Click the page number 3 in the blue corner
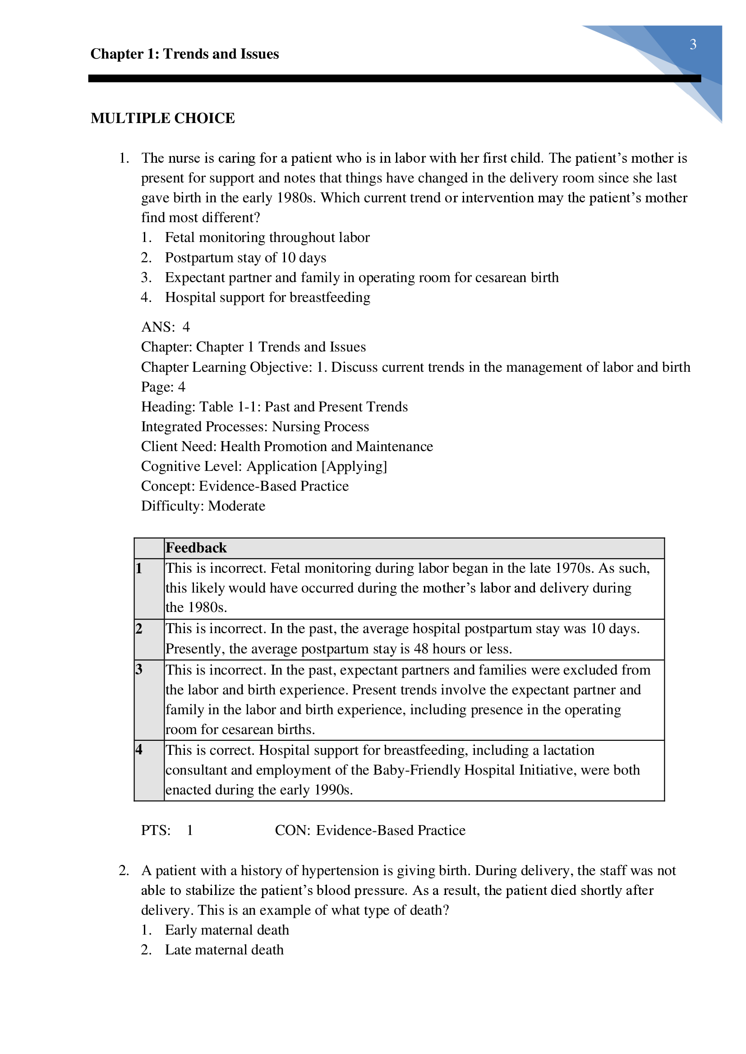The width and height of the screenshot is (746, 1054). [693, 45]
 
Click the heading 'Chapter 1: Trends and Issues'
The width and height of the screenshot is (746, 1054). [184, 54]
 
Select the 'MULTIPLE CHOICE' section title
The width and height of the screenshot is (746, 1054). [163, 119]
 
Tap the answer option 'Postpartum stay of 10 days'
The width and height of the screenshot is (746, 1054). [245, 258]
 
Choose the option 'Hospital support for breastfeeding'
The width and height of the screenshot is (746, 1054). [267, 297]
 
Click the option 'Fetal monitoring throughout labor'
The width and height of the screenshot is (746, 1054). [267, 238]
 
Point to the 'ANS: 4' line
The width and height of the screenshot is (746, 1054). [166, 327]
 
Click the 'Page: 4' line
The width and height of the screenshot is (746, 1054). [163, 387]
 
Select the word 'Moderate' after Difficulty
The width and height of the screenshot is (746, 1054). [237, 506]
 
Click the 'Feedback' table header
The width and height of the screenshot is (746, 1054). [196, 548]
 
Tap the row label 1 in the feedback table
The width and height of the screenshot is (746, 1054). [139, 569]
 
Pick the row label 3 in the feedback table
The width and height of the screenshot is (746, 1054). [139, 670]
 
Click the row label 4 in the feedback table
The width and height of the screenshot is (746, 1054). [139, 750]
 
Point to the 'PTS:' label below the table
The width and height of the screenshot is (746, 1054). [156, 830]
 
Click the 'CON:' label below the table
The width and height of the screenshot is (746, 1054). [293, 830]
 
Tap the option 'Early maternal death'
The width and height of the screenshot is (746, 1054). [227, 930]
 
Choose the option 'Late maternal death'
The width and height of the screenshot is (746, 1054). [224, 950]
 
